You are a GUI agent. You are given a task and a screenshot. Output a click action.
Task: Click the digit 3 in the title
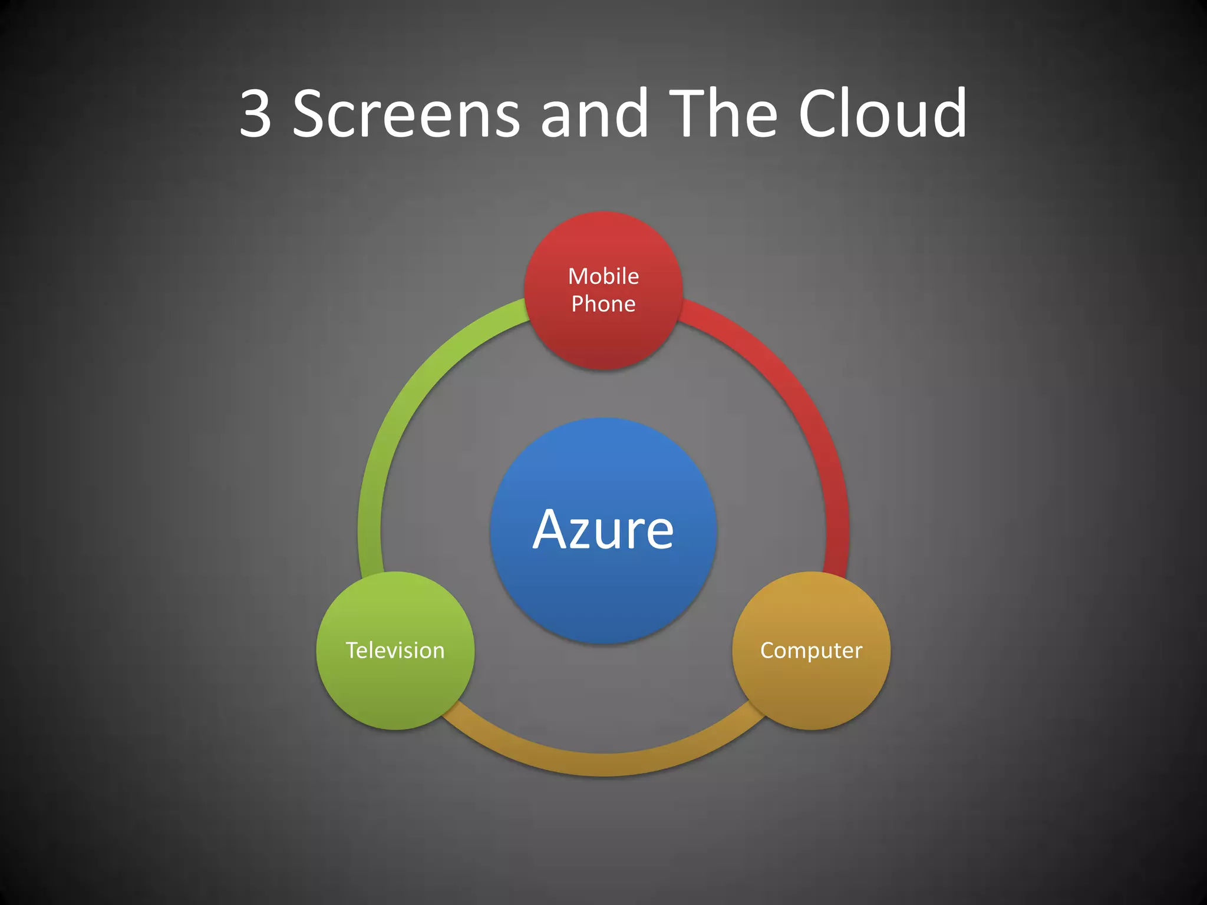[256, 113]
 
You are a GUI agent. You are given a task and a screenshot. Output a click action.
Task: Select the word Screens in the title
[406, 113]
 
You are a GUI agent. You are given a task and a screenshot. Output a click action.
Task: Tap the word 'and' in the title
[594, 113]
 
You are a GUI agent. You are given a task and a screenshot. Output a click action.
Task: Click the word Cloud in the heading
[882, 113]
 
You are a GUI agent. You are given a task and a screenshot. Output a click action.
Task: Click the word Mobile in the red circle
[603, 276]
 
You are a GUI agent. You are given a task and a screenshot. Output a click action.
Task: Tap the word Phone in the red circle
[603, 304]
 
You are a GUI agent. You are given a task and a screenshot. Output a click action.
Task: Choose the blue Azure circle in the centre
[603, 595]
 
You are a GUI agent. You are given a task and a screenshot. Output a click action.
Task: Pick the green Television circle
[395, 689]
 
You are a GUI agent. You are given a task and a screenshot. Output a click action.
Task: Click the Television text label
[395, 650]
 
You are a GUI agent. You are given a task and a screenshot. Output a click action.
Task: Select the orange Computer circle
[811, 689]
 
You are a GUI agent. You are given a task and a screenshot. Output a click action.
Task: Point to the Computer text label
[811, 650]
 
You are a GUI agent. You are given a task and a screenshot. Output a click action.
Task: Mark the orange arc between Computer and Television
[603, 764]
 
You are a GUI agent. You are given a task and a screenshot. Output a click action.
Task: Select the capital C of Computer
[768, 650]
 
